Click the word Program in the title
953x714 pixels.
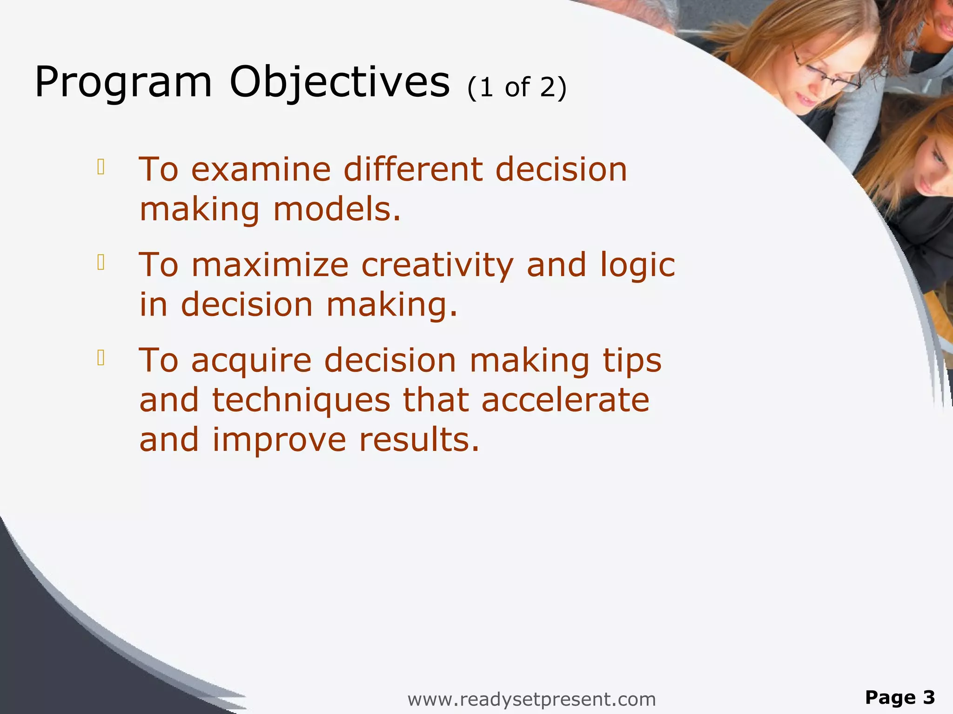click(123, 83)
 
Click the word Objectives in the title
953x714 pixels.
click(340, 83)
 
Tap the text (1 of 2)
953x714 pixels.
click(517, 87)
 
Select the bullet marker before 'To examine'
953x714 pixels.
click(101, 167)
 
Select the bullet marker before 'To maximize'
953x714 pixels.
click(101, 263)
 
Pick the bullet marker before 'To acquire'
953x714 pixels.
click(101, 358)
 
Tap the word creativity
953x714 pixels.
click(437, 266)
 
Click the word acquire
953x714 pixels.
click(251, 362)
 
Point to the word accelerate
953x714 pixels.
click(565, 401)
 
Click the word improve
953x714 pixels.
click(279, 441)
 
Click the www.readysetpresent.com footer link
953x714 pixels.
click(531, 699)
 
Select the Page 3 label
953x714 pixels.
click(899, 697)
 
